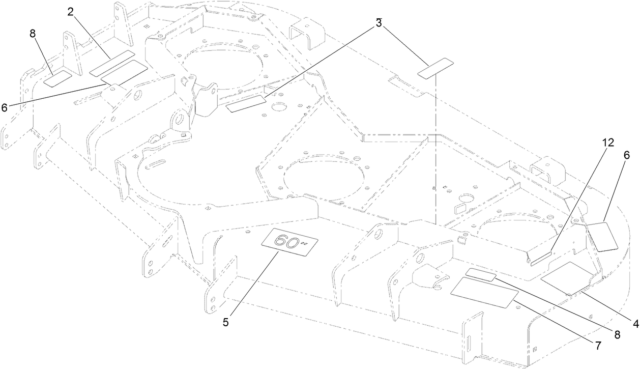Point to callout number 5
pyautogui.click(x=225, y=322)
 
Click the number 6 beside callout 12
pyautogui.click(x=626, y=156)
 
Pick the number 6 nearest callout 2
pyautogui.click(x=5, y=107)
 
